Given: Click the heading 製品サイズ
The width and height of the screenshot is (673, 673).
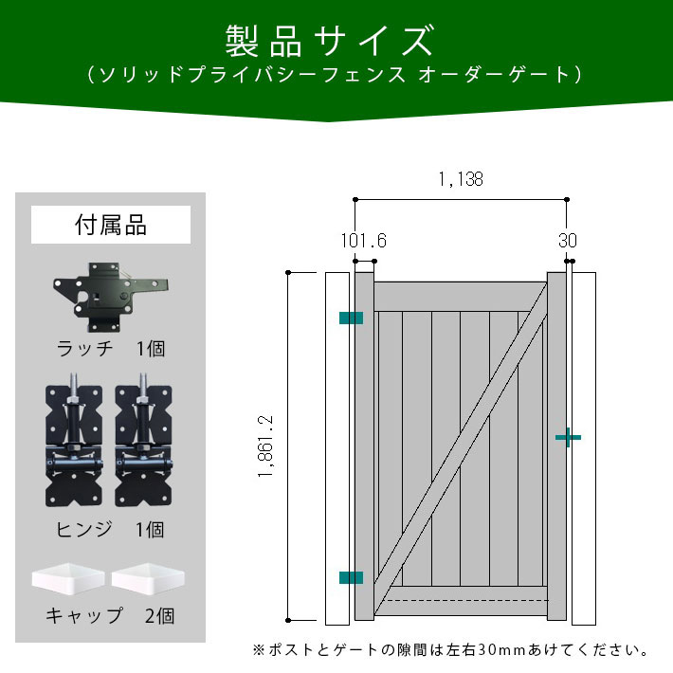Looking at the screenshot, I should [x=329, y=42].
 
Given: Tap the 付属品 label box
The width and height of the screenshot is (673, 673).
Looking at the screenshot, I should [x=111, y=226].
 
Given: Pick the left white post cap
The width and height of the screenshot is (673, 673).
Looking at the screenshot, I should [x=69, y=577].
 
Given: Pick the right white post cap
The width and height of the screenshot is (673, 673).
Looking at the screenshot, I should [x=147, y=577].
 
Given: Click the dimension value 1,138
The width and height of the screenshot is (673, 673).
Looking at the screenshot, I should [x=461, y=179].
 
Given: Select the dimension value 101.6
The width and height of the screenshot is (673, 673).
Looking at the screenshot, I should [x=364, y=241].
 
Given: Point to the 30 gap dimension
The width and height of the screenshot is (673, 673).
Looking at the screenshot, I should [x=567, y=241].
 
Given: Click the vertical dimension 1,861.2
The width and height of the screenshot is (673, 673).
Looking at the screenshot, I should [x=265, y=446].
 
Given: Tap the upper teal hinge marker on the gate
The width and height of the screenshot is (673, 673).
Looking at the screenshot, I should [x=351, y=318].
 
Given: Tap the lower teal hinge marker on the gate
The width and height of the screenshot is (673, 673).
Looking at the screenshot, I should [x=351, y=577].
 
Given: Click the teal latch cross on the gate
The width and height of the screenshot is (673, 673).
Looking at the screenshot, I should [x=567, y=437].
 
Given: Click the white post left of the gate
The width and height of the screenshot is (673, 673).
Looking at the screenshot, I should [x=336, y=448].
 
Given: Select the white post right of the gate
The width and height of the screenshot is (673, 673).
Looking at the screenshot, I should [x=584, y=448].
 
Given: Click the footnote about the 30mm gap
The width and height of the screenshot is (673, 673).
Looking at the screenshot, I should [x=450, y=651].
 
